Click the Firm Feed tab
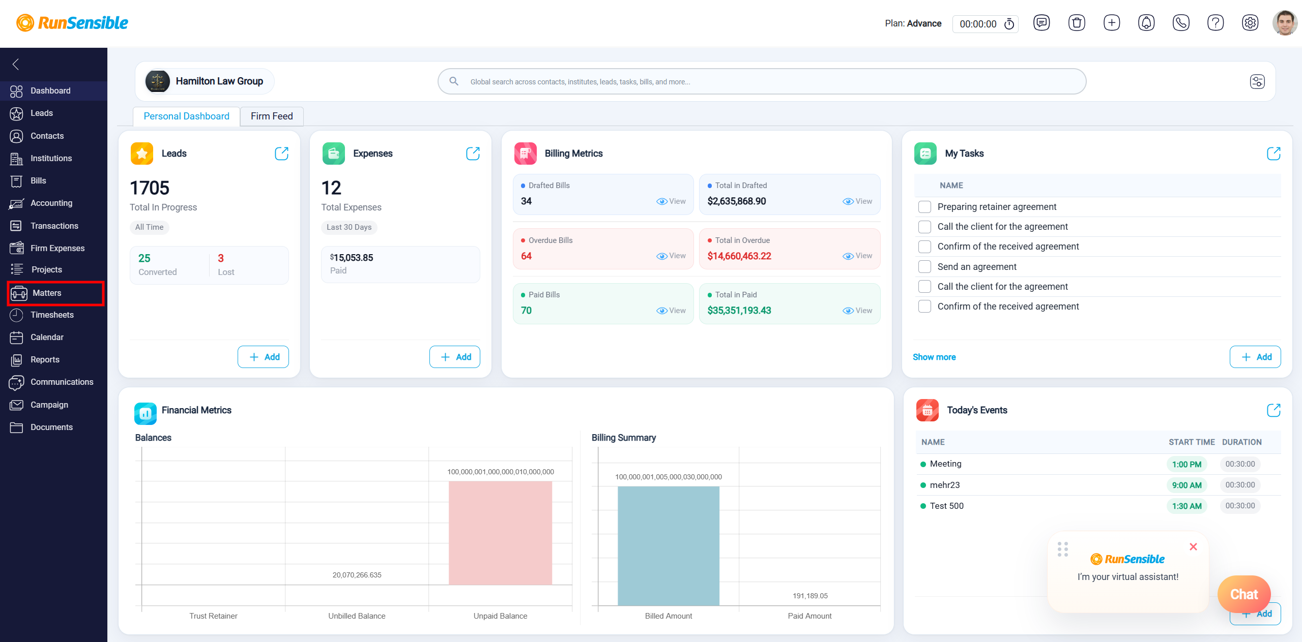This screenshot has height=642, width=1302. pos(272,116)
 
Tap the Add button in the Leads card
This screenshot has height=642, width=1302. pos(263,357)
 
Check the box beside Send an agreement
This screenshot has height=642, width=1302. pos(924,267)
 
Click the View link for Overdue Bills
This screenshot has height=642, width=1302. pos(671,256)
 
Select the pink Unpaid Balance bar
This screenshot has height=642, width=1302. pos(500,533)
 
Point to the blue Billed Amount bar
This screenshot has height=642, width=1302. pos(668,546)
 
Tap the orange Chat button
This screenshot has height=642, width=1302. pos(1243,594)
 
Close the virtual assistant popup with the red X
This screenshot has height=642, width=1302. pos(1193,547)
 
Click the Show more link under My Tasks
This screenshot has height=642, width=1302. pos(934,357)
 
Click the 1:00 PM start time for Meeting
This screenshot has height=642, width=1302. pos(1187,464)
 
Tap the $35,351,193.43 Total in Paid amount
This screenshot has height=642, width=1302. pos(739,311)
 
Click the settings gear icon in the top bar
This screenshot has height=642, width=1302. pos(1250,23)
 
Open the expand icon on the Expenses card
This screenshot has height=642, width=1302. pos(473,154)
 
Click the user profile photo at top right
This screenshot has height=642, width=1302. pos(1285,23)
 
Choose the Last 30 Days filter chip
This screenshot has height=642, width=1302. pos(349,227)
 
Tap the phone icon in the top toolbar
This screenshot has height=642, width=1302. pos(1180,23)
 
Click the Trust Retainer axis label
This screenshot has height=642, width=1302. pos(213,616)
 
